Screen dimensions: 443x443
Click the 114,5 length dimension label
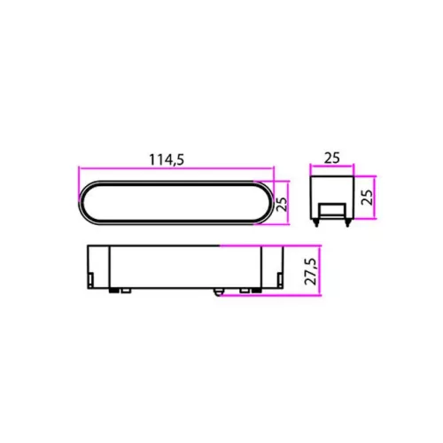[167, 159]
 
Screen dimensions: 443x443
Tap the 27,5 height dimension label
[311, 271]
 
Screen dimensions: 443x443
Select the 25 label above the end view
[332, 158]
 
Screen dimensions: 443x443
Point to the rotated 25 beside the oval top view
[282, 204]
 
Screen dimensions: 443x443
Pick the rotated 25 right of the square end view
[367, 198]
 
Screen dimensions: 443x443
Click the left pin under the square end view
[316, 222]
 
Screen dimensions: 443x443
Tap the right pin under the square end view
[347, 222]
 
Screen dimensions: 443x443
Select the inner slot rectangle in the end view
[332, 211]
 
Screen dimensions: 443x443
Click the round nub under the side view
[218, 291]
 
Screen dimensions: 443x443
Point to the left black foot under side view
[113, 291]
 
